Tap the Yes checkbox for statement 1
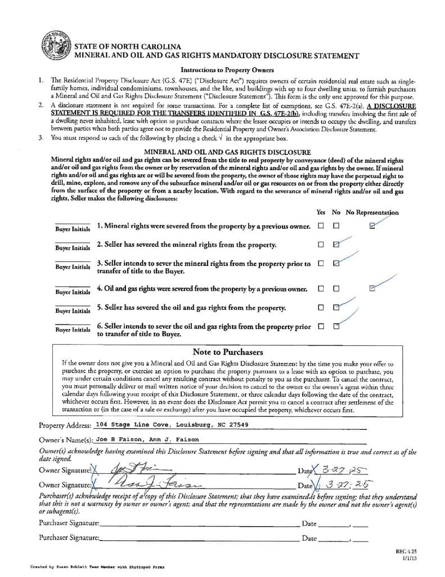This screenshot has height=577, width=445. click(321, 226)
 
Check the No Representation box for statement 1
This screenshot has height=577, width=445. click(372, 226)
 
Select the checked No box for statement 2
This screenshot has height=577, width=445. click(336, 245)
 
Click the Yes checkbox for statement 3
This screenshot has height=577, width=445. click(321, 263)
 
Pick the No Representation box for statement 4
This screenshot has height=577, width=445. click(372, 288)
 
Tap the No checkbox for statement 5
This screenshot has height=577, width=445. click(336, 308)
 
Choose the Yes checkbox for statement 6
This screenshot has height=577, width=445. click(321, 326)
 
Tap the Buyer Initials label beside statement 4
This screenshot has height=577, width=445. click(73, 292)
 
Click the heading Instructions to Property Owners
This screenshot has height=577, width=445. click(227, 70)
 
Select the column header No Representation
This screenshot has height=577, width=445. click(372, 212)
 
